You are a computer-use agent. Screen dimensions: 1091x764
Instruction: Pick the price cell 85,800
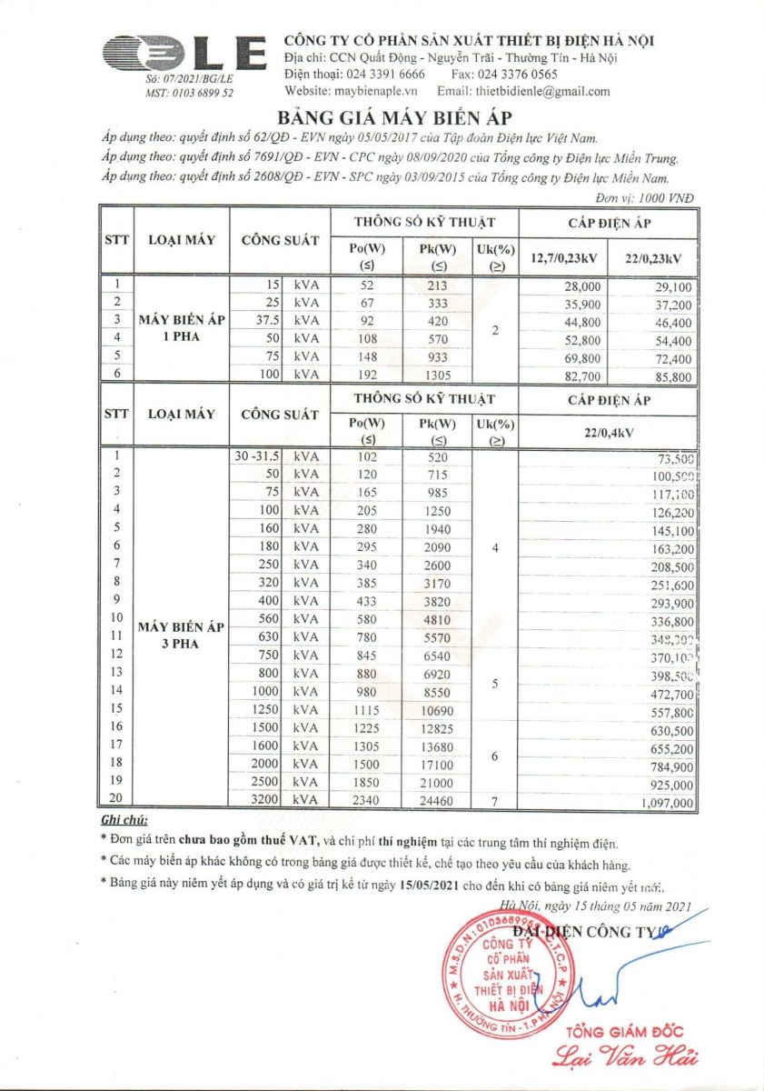tap(672, 375)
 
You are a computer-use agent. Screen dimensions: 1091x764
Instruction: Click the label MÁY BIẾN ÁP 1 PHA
tap(182, 328)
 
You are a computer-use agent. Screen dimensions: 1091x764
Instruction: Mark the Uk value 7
tap(495, 801)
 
